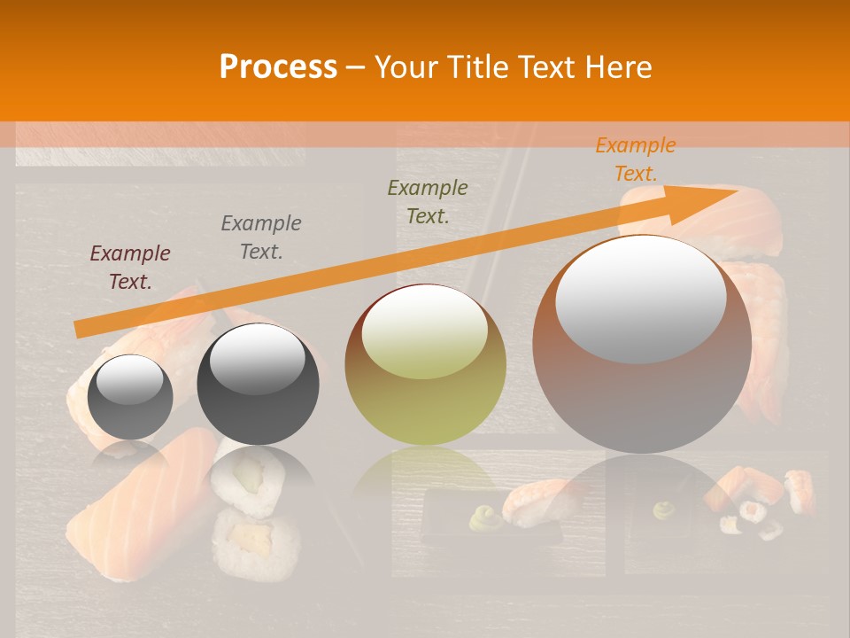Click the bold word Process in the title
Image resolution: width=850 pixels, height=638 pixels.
tap(278, 66)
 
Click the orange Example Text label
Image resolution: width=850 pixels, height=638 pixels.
tap(635, 159)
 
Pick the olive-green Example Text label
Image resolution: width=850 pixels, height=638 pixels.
tap(428, 201)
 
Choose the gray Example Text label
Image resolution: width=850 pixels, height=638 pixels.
tap(261, 237)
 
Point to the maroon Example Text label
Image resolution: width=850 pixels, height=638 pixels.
tap(130, 267)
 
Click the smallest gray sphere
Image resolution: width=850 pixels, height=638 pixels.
tap(131, 397)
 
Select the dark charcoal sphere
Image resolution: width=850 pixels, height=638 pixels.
tap(258, 385)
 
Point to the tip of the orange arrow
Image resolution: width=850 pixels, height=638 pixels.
tap(734, 191)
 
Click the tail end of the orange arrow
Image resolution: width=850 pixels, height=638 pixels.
tap(78, 330)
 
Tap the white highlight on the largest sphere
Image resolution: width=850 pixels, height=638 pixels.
tap(640, 299)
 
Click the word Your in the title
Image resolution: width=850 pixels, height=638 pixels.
tap(408, 67)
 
